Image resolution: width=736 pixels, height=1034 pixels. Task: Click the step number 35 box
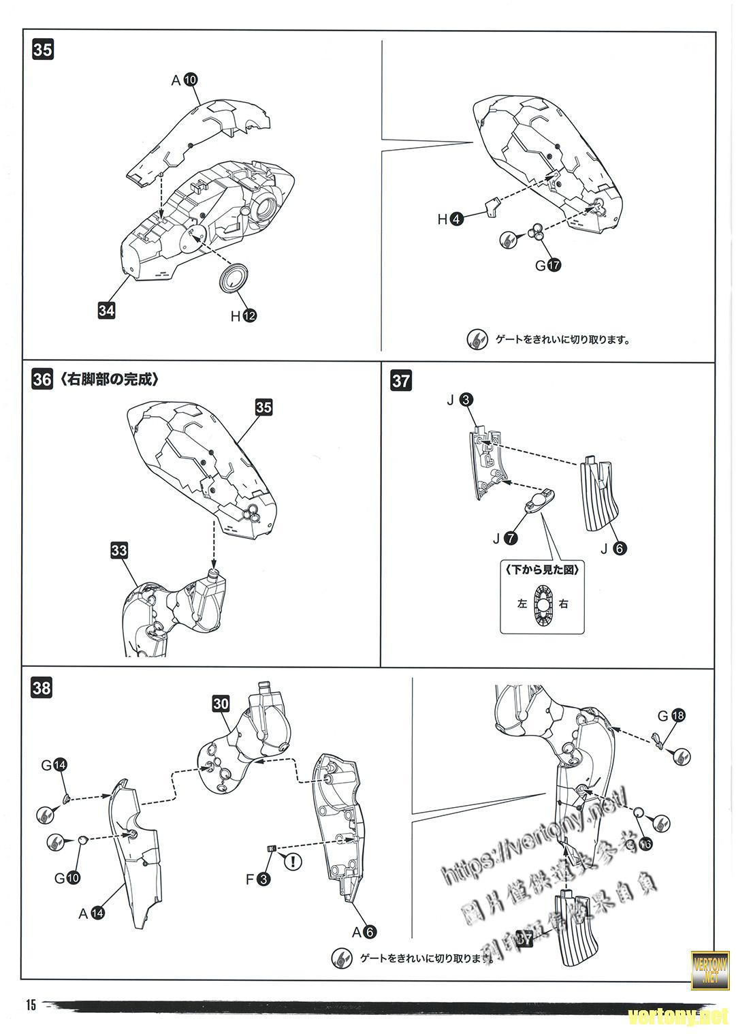click(42, 50)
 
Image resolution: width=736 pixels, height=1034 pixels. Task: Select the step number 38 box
click(42, 688)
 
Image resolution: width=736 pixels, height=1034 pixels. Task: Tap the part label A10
click(184, 80)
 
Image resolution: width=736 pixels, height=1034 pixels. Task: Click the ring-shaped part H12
click(234, 279)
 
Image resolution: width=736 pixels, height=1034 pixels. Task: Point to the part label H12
click(243, 316)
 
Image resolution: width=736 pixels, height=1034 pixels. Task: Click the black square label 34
click(106, 311)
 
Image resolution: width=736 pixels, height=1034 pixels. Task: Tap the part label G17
click(547, 266)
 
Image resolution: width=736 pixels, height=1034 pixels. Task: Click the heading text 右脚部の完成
click(109, 379)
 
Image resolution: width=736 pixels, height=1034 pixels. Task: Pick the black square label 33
click(118, 550)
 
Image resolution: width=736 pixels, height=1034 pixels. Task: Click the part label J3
click(460, 401)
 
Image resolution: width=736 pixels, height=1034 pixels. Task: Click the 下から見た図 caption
click(542, 569)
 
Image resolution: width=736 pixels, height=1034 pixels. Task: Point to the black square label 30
click(221, 704)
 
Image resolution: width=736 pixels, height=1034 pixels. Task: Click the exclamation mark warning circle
click(293, 862)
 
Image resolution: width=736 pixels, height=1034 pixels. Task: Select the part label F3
click(258, 879)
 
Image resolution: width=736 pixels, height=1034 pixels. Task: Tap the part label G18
click(671, 715)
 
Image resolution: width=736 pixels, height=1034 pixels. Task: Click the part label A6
click(363, 931)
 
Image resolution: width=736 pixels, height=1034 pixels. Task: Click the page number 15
click(30, 1005)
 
